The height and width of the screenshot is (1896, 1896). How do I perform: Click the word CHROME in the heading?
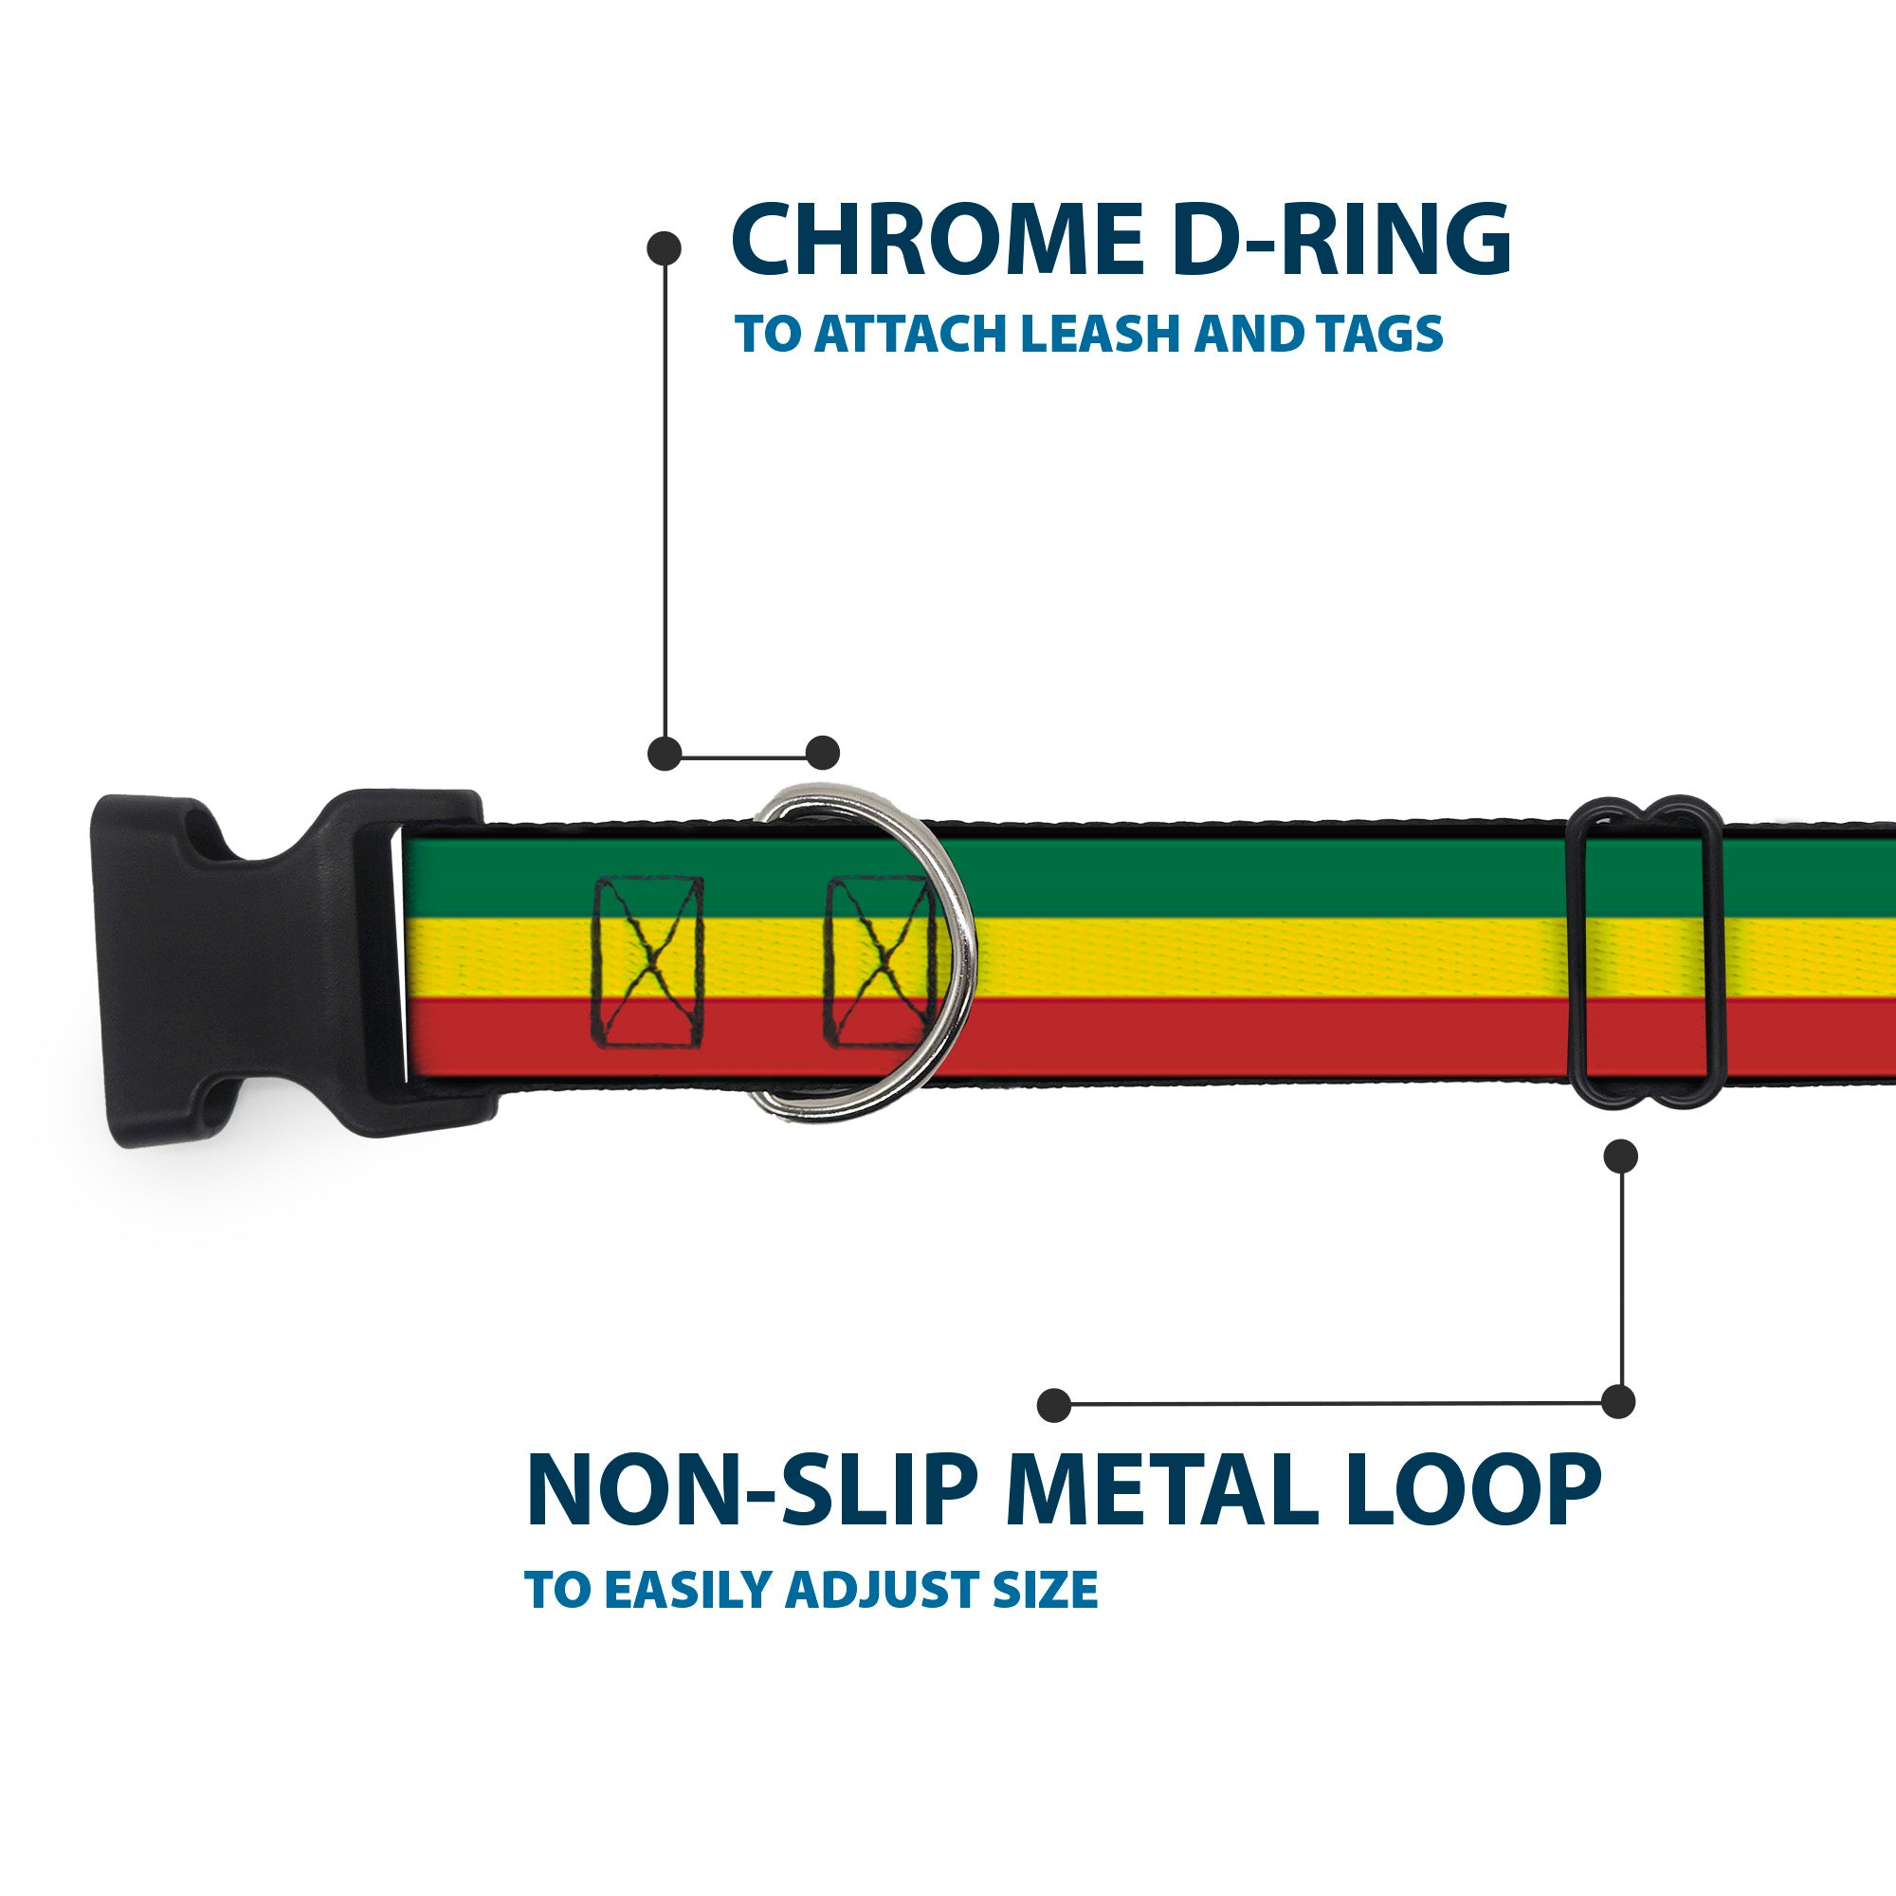click(x=938, y=240)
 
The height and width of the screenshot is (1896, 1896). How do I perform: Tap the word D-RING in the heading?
click(x=1340, y=240)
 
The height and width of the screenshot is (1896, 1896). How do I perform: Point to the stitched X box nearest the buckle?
click(x=647, y=961)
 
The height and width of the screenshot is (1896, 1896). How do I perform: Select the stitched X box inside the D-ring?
click(x=880, y=961)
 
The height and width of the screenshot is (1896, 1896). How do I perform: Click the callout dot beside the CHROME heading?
click(x=665, y=248)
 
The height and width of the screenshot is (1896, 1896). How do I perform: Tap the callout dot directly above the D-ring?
click(x=822, y=753)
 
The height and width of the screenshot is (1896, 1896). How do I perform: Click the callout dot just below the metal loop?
click(x=1620, y=1156)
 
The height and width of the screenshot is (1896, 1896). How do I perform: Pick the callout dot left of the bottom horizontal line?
click(x=1054, y=1404)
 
